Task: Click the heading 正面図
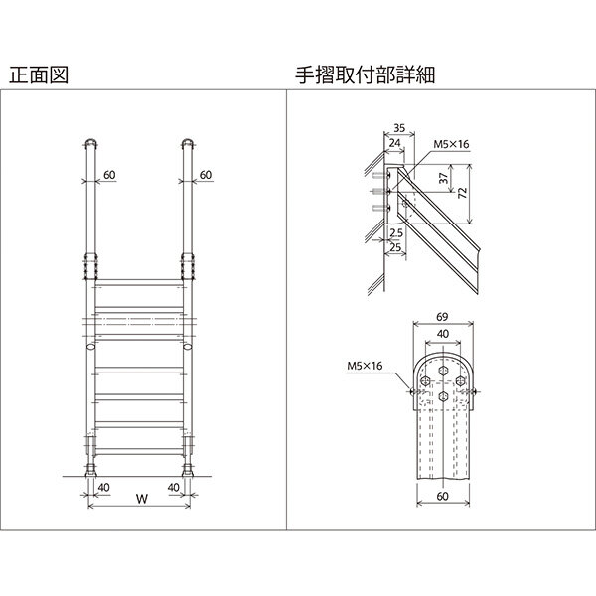point(38,74)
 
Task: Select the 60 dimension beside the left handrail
point(109,175)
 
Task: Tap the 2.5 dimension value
point(395,231)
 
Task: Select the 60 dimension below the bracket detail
point(443,497)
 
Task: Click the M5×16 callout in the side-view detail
point(451,145)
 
